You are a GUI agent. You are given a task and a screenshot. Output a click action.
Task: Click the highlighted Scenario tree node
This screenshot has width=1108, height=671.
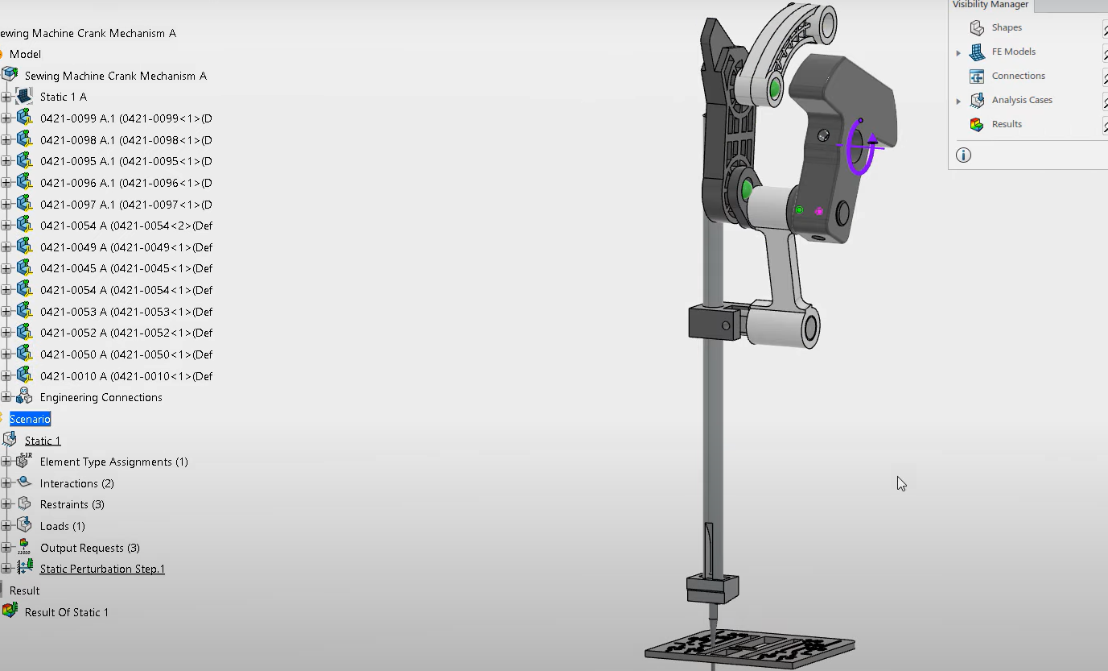tap(30, 419)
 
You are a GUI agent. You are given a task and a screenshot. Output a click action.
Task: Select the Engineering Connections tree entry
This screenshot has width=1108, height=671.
tap(101, 397)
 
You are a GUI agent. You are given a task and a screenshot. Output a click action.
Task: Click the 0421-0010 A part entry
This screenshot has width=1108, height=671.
tap(126, 376)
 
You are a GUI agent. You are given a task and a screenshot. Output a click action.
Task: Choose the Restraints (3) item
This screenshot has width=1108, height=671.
tap(72, 504)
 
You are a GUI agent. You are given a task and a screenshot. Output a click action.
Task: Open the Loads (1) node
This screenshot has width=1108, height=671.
tap(62, 526)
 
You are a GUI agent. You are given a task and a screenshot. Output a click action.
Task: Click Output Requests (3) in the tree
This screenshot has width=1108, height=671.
tap(90, 548)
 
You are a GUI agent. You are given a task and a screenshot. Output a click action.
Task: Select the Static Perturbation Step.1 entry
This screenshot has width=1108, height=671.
tap(102, 569)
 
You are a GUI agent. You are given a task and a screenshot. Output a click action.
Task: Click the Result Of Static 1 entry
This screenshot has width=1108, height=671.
tap(66, 612)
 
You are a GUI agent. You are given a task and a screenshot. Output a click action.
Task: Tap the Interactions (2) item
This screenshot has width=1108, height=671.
tap(77, 483)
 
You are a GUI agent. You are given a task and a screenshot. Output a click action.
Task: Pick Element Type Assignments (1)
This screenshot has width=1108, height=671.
tap(113, 462)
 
